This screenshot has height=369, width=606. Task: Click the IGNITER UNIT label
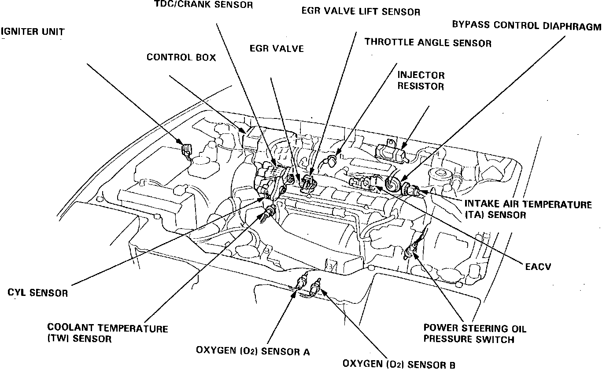tap(33, 32)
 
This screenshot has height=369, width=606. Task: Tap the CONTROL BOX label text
tap(181, 57)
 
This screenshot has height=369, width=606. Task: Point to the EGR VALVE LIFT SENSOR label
tap(361, 11)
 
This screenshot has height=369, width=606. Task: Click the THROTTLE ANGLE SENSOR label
tap(428, 43)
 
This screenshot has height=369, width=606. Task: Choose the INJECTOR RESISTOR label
tap(421, 81)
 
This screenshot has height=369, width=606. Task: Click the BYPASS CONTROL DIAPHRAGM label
tap(526, 26)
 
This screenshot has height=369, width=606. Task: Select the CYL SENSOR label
tap(38, 293)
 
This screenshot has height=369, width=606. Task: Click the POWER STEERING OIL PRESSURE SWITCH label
tap(474, 334)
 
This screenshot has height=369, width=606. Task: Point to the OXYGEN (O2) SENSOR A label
tap(253, 351)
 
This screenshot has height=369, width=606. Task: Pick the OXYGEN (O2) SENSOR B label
tap(399, 364)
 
